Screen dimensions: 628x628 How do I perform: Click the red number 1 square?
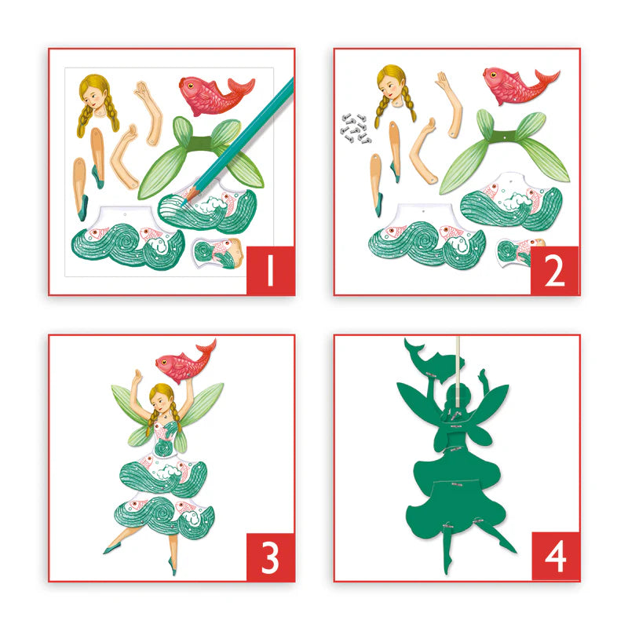click(270, 271)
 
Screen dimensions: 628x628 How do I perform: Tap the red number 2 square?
click(555, 271)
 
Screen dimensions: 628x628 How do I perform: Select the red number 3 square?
click(270, 557)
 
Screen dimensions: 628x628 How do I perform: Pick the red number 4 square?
click(556, 557)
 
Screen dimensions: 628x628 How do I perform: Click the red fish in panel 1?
click(217, 94)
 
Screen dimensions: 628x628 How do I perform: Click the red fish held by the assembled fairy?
click(185, 361)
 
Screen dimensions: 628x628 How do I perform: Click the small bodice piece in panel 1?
click(218, 253)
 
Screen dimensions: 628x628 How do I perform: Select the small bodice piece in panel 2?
click(519, 252)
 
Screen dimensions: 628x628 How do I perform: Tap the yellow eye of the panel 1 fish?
click(191, 86)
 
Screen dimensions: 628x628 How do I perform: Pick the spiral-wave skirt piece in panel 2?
click(427, 237)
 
